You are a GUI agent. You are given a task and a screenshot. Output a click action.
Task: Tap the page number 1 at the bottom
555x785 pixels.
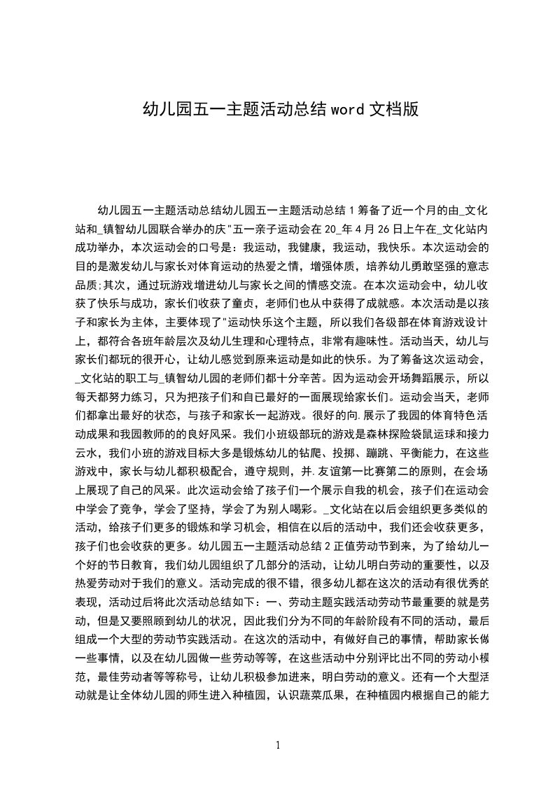click(x=279, y=745)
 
